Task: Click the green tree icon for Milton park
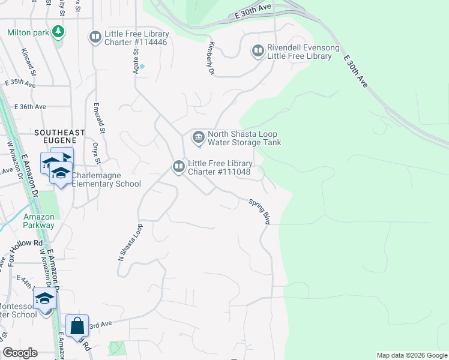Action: pos(58,31)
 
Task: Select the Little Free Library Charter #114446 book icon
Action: pos(95,37)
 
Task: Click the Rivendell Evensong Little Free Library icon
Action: pos(258,52)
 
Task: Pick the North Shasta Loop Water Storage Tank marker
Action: pos(198,138)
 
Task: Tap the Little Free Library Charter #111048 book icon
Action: pos(178,167)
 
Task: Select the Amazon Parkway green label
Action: pos(39,221)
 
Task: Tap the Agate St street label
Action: pos(136,60)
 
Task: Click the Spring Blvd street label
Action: pos(260,212)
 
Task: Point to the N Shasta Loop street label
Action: pos(130,242)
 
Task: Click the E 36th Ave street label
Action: pos(25,106)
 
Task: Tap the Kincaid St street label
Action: pos(29,62)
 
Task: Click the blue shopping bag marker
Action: pos(77,326)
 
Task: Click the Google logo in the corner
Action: pos(20,353)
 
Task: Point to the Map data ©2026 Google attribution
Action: pos(411,355)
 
